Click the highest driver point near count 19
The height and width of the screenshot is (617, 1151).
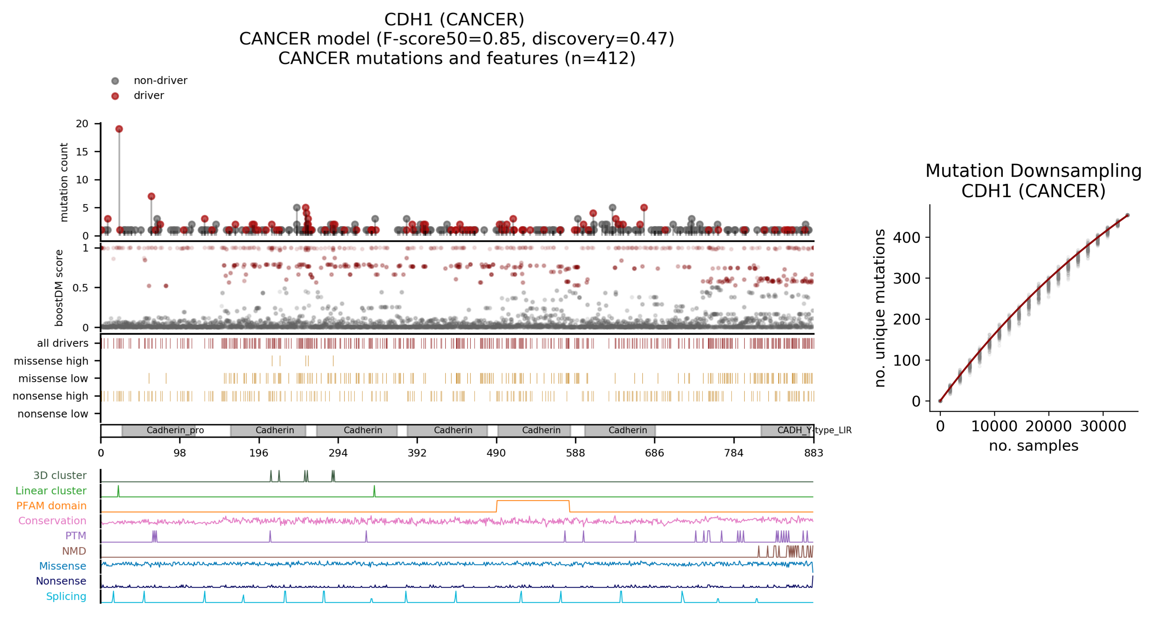pos(119,129)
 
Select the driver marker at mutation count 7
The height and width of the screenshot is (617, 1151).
pos(152,197)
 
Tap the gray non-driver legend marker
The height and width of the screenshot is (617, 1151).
pos(115,81)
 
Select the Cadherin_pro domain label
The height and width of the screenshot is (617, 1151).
pos(175,430)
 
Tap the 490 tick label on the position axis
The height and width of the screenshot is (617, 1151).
pos(496,453)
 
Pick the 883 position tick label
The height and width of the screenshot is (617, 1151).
pos(813,453)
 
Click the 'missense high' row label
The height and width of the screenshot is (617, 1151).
pos(51,361)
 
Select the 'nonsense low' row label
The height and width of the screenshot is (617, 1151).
pos(53,414)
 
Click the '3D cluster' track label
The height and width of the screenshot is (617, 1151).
pos(60,475)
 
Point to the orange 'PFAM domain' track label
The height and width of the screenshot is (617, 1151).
pos(51,506)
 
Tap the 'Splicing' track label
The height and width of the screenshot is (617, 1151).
pos(66,596)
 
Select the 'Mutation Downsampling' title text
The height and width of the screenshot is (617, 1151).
pos(1033,171)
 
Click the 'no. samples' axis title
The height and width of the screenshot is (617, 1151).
pos(1033,446)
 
